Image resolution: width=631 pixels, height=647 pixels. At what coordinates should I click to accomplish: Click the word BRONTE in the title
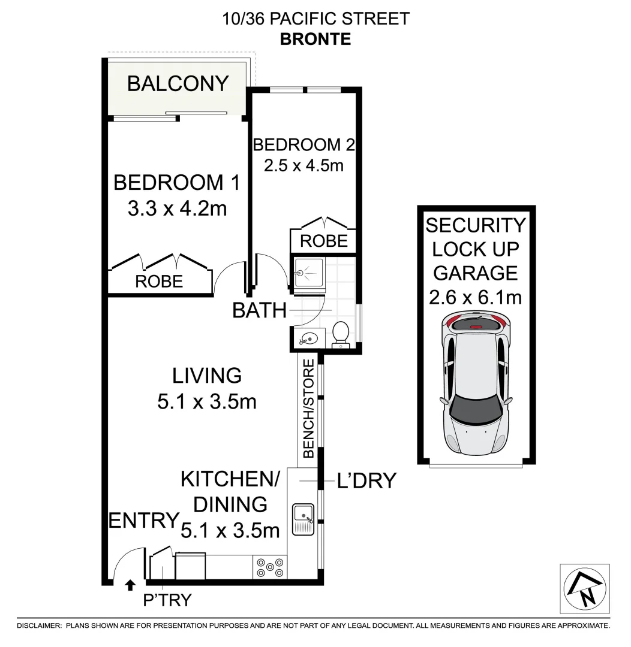pyautogui.click(x=315, y=40)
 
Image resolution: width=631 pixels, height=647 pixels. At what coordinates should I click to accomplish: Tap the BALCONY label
pyautogui.click(x=178, y=83)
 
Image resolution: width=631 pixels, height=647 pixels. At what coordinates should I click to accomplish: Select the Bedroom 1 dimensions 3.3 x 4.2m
pyautogui.click(x=177, y=209)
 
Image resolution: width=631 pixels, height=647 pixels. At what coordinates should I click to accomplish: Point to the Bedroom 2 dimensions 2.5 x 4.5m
pyautogui.click(x=304, y=165)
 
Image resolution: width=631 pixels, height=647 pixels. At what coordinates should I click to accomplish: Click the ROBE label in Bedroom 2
pyautogui.click(x=323, y=241)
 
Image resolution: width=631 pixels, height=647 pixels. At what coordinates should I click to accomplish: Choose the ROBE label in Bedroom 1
pyautogui.click(x=159, y=281)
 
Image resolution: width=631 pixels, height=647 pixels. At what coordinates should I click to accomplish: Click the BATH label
pyautogui.click(x=259, y=310)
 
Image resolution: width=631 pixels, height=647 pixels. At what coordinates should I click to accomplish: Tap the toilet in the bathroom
pyautogui.click(x=341, y=333)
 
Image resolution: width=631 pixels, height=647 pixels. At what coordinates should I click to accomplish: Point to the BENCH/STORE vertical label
pyautogui.click(x=308, y=409)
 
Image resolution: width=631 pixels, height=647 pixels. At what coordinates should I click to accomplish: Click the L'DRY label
pyautogui.click(x=367, y=480)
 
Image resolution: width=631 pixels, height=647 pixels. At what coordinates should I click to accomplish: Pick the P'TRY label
pyautogui.click(x=167, y=600)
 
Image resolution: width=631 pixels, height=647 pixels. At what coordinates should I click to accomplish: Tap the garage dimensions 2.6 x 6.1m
pyautogui.click(x=475, y=297)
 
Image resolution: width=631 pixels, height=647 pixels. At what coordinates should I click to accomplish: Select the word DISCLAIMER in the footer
pyautogui.click(x=38, y=625)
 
